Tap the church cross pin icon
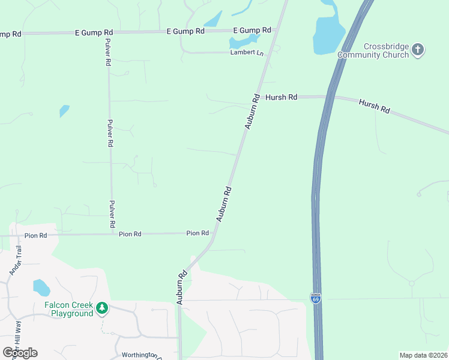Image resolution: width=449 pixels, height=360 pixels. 418,50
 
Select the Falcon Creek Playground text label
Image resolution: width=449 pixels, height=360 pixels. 68,309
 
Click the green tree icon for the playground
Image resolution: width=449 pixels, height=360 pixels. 103,308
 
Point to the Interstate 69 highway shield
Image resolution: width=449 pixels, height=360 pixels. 316,298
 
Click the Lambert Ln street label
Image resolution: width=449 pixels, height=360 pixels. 247,53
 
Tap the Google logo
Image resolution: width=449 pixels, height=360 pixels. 20,352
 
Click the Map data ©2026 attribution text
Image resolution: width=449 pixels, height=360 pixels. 423,355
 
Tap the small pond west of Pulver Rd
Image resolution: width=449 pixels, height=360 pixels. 64,111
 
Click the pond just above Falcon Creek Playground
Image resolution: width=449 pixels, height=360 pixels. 41,287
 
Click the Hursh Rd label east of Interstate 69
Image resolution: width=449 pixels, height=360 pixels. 375,107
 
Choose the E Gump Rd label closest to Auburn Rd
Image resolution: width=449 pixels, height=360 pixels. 252,30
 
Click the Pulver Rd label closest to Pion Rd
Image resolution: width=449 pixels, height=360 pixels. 112,214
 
